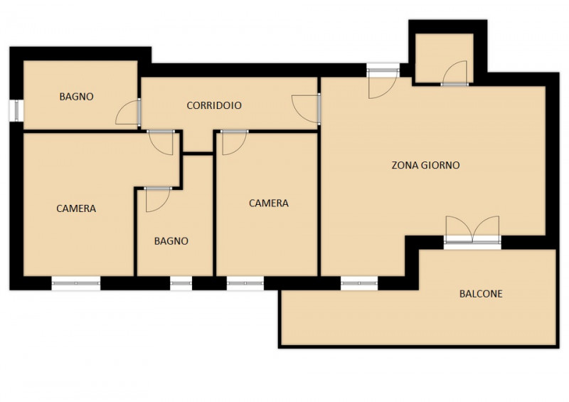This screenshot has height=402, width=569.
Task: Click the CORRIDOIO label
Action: click(214, 105)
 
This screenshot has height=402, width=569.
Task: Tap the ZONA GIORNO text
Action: click(425, 165)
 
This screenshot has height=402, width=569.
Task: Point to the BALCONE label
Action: click(481, 294)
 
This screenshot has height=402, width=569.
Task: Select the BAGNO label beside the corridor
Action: click(77, 97)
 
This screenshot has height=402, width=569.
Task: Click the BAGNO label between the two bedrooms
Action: click(171, 241)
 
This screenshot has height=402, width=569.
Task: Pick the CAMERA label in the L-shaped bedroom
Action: click(76, 208)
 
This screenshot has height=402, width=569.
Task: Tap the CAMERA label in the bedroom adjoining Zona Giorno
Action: click(269, 203)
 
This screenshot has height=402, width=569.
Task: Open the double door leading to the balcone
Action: click(472, 230)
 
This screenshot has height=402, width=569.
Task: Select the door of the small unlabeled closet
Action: click(454, 73)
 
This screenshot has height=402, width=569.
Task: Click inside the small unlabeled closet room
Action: click(444, 55)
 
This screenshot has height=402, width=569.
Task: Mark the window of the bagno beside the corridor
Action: click(16, 111)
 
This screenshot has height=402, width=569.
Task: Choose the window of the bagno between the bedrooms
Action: click(181, 283)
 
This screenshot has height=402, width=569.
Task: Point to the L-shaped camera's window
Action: click(76, 283)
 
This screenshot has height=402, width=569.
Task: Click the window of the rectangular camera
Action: click(245, 283)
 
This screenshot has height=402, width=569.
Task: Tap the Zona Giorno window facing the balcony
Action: click(359, 283)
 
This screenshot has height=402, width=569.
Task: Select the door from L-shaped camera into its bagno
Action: click(158, 199)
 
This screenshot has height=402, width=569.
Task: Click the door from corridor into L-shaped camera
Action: click(161, 142)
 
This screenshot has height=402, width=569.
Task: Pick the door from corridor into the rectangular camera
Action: click(235, 142)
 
